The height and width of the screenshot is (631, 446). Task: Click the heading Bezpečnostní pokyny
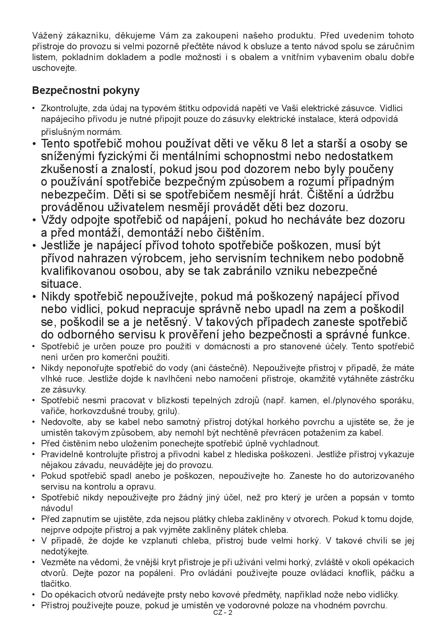click(x=86, y=90)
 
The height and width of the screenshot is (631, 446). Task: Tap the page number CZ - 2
click(x=223, y=613)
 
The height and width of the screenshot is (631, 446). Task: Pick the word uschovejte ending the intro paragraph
click(x=54, y=68)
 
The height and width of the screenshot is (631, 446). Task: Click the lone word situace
click(x=61, y=284)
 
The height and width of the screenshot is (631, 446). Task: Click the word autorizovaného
click(x=383, y=476)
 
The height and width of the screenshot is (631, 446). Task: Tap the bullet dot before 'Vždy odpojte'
click(x=35, y=220)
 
